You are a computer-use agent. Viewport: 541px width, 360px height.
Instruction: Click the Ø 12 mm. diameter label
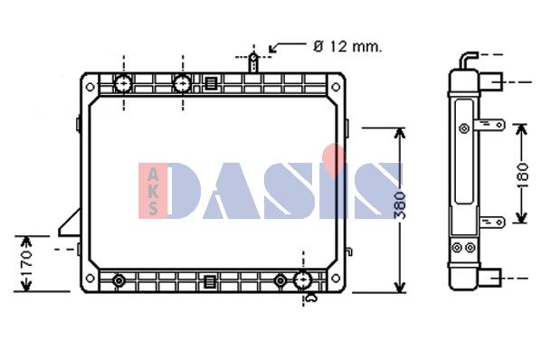tap(347, 46)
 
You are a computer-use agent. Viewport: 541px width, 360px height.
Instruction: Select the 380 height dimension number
tap(400, 205)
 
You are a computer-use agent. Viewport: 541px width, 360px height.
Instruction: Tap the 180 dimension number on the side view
tap(523, 175)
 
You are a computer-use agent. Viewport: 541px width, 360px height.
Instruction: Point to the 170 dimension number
tap(26, 264)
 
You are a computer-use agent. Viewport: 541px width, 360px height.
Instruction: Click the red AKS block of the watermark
tap(153, 191)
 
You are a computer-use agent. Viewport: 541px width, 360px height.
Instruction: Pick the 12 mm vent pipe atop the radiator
tap(253, 62)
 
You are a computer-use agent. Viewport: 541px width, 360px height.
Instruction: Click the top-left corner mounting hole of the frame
tap(90, 87)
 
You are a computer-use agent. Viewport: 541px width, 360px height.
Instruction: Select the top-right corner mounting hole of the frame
tap(336, 87)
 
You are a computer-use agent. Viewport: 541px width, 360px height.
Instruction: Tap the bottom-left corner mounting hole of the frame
tap(90, 278)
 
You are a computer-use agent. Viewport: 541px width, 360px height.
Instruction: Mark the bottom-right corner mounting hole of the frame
tap(336, 278)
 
